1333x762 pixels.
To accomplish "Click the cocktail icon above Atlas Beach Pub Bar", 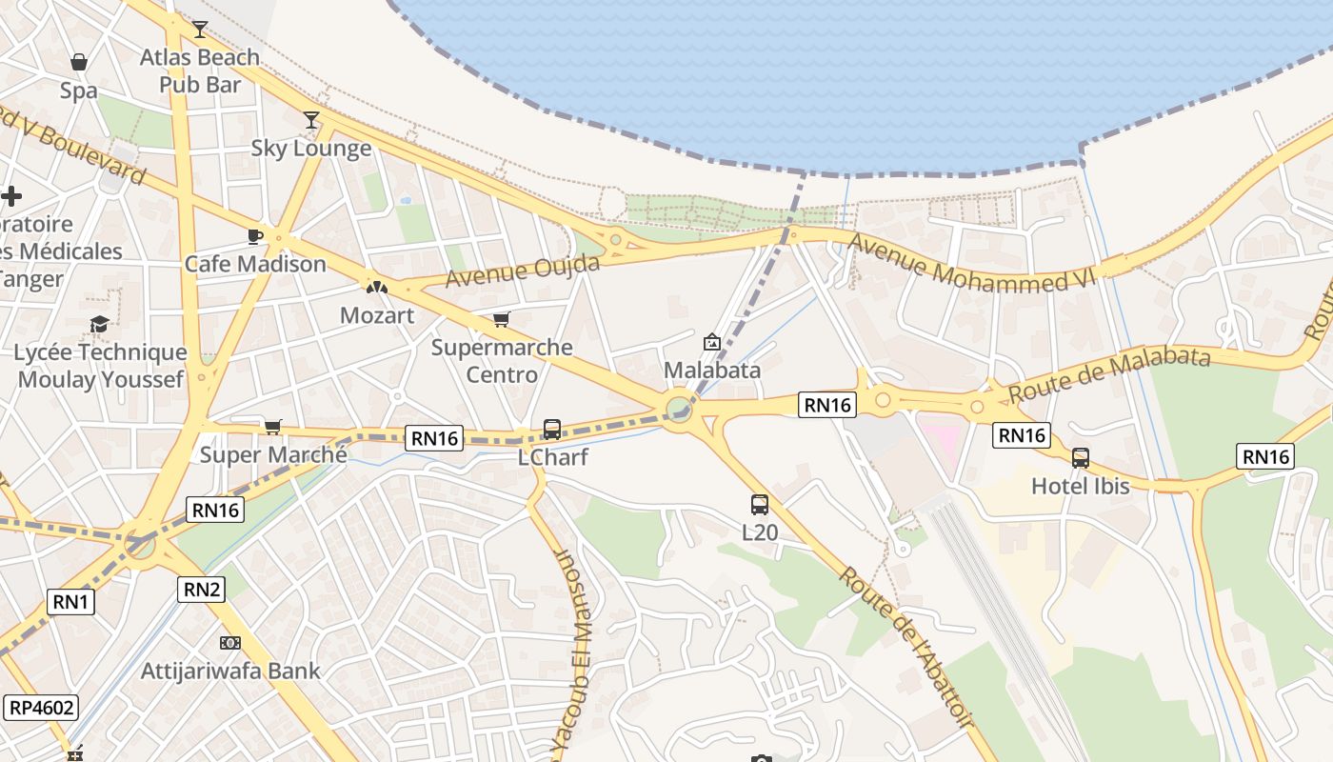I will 199,30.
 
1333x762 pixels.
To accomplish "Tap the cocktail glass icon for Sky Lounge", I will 311,120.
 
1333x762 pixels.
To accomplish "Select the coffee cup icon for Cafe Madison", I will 254,236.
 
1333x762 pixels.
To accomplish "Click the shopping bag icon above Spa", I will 79,63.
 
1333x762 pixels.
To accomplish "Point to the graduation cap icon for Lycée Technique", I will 99,325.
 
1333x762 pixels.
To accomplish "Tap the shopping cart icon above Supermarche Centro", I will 502,319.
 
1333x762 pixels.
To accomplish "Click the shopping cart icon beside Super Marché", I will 273,427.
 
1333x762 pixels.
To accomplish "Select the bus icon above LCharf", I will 552,430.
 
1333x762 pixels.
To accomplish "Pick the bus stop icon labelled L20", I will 759,505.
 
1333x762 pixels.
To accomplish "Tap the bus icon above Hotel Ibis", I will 1080,458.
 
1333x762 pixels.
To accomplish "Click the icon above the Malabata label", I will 711,342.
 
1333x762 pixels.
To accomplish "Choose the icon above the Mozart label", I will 377,287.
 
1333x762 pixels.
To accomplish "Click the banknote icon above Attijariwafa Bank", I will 229,643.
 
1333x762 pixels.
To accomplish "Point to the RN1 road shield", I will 70,601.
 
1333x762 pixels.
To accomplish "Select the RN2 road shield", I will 202,590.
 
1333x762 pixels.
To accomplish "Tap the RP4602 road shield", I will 41,708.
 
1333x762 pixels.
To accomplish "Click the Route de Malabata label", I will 1109,373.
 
